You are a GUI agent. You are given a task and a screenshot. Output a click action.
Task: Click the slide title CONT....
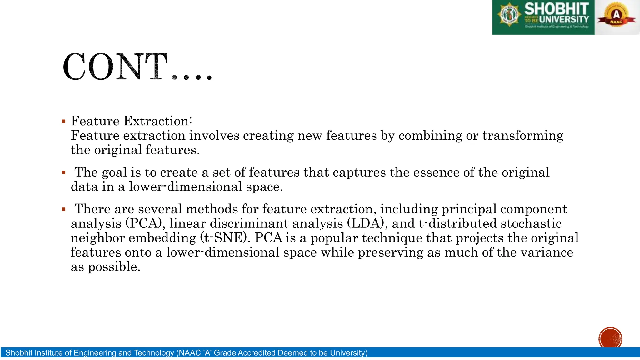click(x=137, y=67)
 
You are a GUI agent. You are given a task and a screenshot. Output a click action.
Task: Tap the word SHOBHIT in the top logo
click(x=556, y=9)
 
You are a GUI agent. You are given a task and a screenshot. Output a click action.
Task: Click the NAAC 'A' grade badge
click(x=616, y=16)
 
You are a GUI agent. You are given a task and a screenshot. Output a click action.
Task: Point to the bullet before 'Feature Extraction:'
click(x=64, y=121)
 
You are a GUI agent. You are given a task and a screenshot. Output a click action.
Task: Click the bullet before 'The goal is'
click(x=64, y=172)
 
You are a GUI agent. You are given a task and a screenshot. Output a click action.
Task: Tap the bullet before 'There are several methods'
click(x=64, y=209)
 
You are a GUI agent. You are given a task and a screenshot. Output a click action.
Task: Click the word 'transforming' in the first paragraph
click(x=523, y=136)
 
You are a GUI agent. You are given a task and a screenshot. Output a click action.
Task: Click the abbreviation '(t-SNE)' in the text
click(x=223, y=238)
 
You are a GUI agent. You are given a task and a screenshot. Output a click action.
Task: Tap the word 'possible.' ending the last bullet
click(x=114, y=267)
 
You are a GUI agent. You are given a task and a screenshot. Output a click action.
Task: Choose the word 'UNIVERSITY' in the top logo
click(x=564, y=19)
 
